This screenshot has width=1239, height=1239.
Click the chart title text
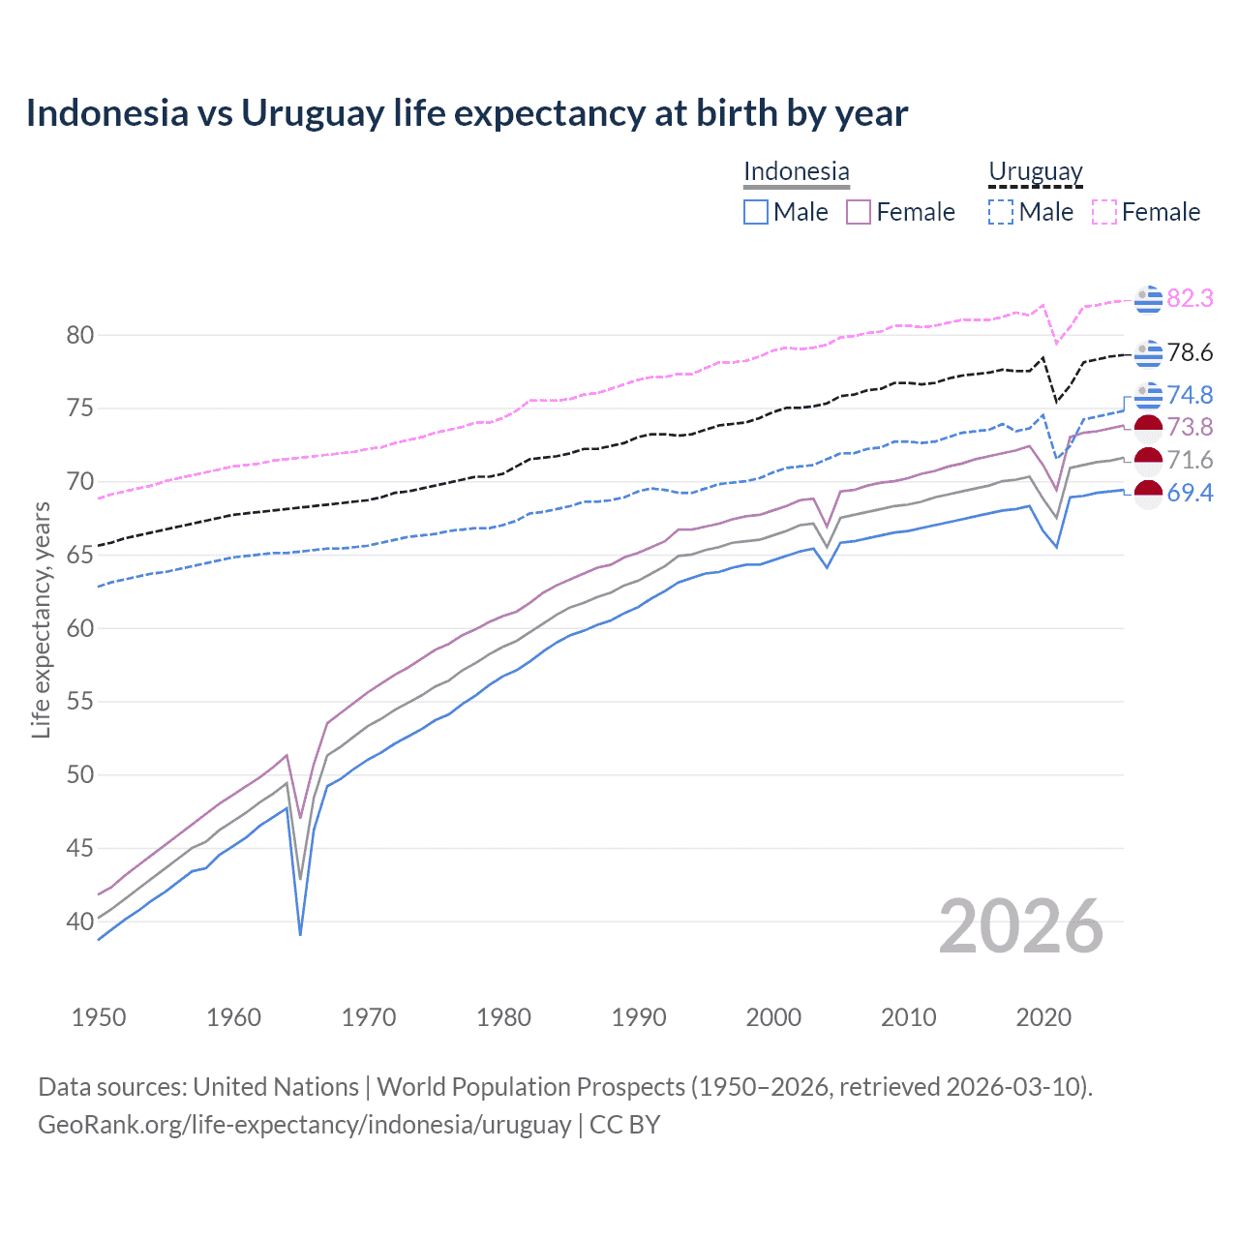(x=467, y=113)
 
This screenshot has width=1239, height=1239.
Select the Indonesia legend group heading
(x=796, y=171)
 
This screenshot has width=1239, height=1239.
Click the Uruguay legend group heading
(x=1035, y=171)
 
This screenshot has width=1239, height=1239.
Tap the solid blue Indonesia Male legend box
(x=756, y=212)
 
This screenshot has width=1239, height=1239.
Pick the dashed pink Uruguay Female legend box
(x=1104, y=212)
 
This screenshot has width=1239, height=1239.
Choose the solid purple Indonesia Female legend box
(x=859, y=212)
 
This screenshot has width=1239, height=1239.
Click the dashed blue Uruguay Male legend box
(x=1001, y=212)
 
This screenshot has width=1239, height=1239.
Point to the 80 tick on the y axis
(x=80, y=336)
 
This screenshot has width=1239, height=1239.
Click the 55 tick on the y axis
(x=80, y=702)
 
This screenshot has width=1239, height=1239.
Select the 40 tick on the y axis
(x=80, y=922)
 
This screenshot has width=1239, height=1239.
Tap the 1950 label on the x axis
(x=99, y=1017)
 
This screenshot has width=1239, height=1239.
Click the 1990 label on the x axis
(x=639, y=1017)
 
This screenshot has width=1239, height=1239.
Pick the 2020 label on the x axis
(x=1043, y=1017)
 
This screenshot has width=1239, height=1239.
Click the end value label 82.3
(x=1190, y=298)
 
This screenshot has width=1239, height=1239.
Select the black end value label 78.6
(x=1190, y=352)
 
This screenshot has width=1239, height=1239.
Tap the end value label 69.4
(x=1190, y=493)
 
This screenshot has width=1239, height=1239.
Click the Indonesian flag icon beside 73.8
(x=1148, y=427)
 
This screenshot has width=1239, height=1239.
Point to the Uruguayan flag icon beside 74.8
(x=1148, y=395)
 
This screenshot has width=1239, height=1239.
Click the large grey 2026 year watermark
(x=1021, y=926)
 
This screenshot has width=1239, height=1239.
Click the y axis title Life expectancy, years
(x=42, y=620)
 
